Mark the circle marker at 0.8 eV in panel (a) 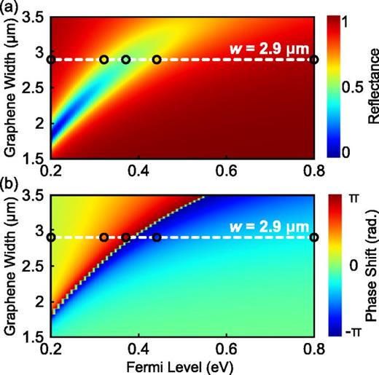[314, 60]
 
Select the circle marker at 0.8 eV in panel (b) [314, 237]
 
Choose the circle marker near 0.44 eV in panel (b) [157, 237]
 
